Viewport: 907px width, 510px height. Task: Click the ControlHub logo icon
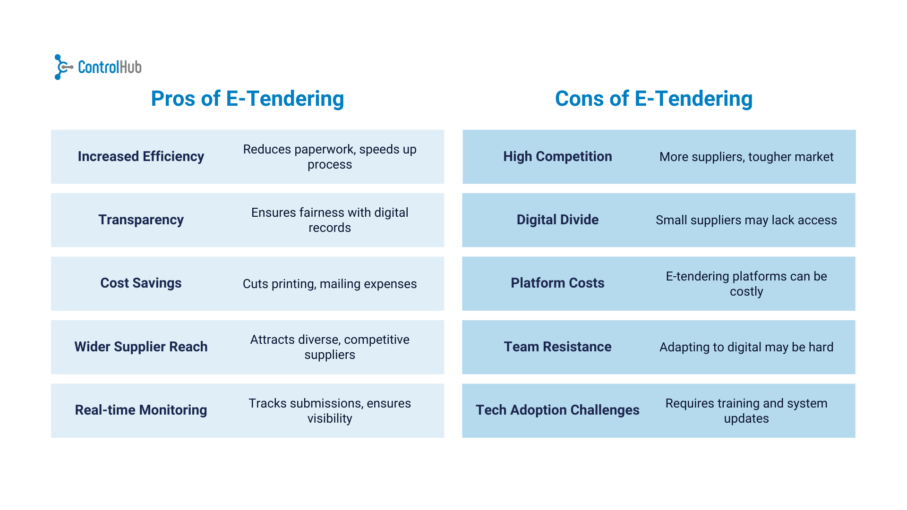point(63,67)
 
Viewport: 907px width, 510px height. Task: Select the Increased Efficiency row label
point(141,156)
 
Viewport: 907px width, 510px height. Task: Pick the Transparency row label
point(141,220)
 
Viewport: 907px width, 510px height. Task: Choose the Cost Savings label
point(141,283)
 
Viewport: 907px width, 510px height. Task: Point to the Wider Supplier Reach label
point(141,347)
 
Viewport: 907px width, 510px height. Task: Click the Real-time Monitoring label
point(141,410)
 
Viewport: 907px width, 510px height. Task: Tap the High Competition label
point(557,156)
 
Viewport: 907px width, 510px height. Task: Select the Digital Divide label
point(557,220)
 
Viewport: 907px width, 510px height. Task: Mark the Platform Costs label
point(557,283)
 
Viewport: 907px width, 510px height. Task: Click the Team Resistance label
point(557,347)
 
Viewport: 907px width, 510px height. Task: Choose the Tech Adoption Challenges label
point(557,410)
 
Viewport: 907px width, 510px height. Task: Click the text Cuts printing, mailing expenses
point(330,284)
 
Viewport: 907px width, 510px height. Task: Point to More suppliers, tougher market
point(746,157)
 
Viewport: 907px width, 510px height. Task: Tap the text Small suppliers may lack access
point(746,220)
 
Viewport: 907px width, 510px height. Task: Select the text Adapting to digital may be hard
point(746,347)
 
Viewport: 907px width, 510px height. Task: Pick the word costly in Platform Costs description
point(746,291)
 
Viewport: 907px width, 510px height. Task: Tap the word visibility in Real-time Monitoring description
point(330,418)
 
